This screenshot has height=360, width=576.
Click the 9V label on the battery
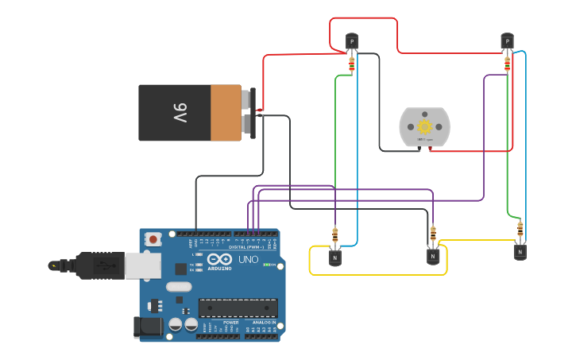180,113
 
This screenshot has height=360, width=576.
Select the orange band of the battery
226,113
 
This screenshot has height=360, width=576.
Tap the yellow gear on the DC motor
424,126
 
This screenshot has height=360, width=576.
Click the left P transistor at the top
351,41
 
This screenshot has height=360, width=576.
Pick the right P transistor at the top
507,41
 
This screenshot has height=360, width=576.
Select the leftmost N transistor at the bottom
335,257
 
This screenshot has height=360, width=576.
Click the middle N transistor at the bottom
433,256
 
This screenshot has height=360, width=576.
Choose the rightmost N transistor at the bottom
520,251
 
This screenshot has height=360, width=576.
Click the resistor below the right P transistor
507,62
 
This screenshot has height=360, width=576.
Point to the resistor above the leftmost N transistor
335,235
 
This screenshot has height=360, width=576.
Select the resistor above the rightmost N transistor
520,230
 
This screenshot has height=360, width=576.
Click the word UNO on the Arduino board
249,260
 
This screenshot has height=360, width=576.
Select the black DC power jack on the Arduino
149,326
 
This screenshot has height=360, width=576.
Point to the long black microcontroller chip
238,308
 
